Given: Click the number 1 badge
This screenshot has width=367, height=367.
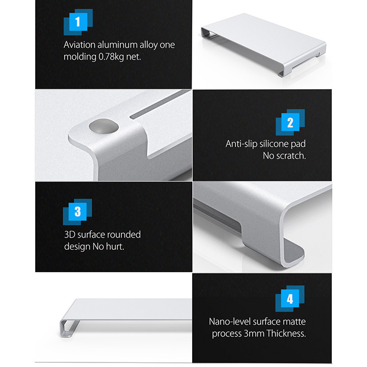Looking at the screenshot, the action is [78, 22].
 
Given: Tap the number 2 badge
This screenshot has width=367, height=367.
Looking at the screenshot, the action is [290, 122].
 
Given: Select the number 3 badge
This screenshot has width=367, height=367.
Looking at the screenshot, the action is [77, 212].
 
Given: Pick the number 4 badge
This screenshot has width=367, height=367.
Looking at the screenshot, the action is [290, 298].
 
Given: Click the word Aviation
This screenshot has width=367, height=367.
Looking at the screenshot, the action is [80, 45].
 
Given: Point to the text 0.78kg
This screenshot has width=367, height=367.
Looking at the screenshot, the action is [111, 57].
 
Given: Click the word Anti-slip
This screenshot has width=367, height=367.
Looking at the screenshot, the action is [241, 144].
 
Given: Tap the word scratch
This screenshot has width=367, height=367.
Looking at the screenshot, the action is [291, 155].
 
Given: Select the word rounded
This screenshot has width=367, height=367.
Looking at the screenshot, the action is [124, 234].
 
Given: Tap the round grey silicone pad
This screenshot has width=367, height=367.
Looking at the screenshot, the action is [103, 126].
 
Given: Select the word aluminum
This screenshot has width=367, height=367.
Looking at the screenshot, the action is [117, 45].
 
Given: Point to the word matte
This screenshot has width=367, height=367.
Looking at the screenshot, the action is [294, 322].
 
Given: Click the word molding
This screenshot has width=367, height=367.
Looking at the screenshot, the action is [80, 57].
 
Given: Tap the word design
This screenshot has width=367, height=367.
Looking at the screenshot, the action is [77, 247].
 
